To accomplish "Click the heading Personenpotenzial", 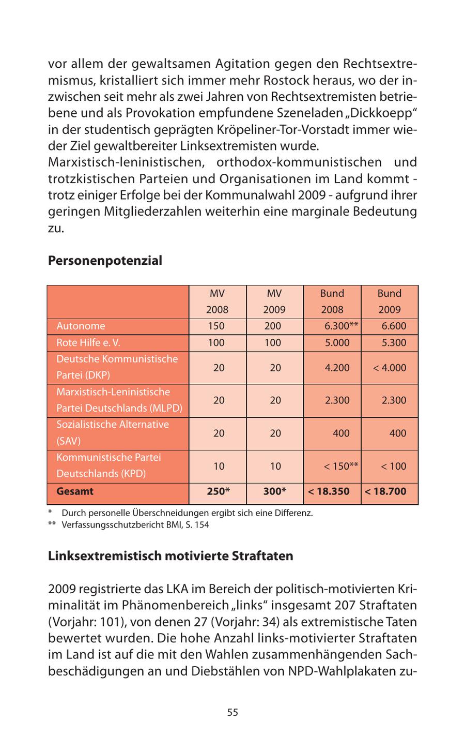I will click(x=105, y=261).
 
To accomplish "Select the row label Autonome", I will click(x=81, y=326).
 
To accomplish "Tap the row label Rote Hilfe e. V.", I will click(x=88, y=342).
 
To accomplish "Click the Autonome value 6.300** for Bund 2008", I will click(x=341, y=326).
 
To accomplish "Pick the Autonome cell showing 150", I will click(x=216, y=326).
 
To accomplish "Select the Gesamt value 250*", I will click(x=218, y=491).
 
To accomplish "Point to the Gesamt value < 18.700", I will click(x=385, y=491).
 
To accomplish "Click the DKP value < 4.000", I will click(x=390, y=368).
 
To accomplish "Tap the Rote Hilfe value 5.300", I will click(x=394, y=342).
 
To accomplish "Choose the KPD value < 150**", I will click(x=341, y=466).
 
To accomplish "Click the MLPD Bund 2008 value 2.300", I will click(x=337, y=400).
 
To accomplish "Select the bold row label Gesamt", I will click(x=75, y=491).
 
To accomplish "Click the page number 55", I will click(x=233, y=712).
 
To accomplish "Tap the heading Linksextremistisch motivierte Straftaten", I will click(x=171, y=556).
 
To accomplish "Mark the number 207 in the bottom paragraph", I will click(x=345, y=605).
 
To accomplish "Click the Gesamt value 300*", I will click(x=274, y=491).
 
